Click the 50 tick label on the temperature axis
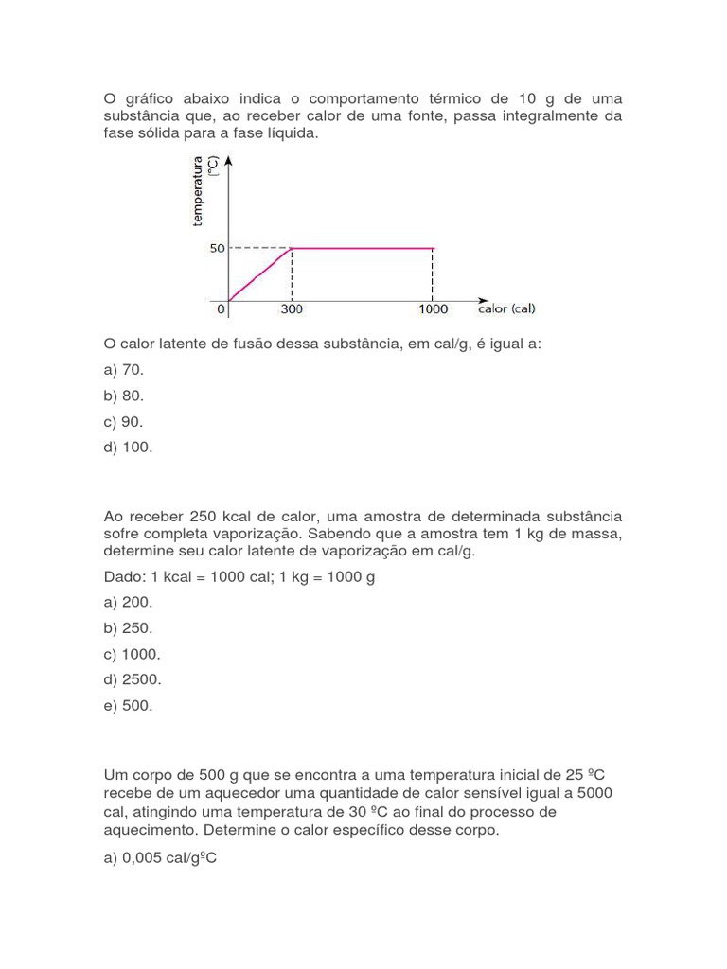coord(217,248)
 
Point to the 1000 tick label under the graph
coord(434,309)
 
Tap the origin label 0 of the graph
coord(220,309)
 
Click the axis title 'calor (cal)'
coord(506,309)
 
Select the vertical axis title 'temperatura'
coord(198,192)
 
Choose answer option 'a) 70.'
coord(124,370)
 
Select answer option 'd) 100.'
coord(128,448)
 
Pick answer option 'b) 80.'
coord(124,396)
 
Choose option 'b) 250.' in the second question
coord(128,627)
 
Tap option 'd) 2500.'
coord(132,679)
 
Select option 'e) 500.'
coord(128,705)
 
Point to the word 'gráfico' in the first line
coord(148,99)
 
